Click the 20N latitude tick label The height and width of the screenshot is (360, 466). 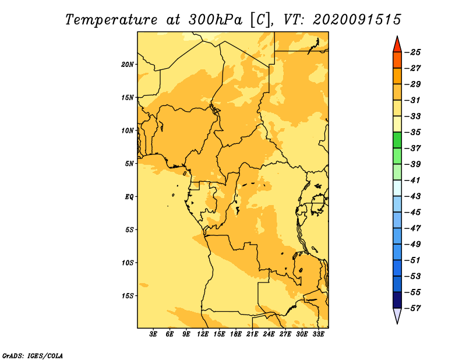coord(128,65)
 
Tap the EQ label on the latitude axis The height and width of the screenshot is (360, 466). coord(129,197)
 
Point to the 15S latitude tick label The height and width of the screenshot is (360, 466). coord(128,296)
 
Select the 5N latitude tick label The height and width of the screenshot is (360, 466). coord(129,164)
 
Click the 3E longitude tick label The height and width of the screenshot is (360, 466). coord(153,334)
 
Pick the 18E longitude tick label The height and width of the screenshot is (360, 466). coord(236,334)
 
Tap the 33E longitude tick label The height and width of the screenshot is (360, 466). coord(318,334)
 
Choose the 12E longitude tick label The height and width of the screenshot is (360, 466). coord(203,334)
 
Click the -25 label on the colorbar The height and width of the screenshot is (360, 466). coord(413,52)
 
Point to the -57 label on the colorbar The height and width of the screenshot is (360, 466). coord(413,308)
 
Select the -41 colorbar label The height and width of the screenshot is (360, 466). coord(413,181)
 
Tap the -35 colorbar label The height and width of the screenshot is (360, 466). coord(413,132)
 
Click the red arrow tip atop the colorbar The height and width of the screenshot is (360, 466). coord(397,36)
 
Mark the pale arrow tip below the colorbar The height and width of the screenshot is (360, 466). coord(397,323)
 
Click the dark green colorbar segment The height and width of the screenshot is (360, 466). coord(397,140)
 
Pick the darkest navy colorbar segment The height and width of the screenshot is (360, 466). coord(397,300)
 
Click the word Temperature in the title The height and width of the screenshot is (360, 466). coord(111,20)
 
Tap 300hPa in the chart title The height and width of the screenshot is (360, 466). coord(216,20)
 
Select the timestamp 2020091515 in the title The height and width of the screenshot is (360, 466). coord(357,20)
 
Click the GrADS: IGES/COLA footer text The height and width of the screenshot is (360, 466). coord(33,356)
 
